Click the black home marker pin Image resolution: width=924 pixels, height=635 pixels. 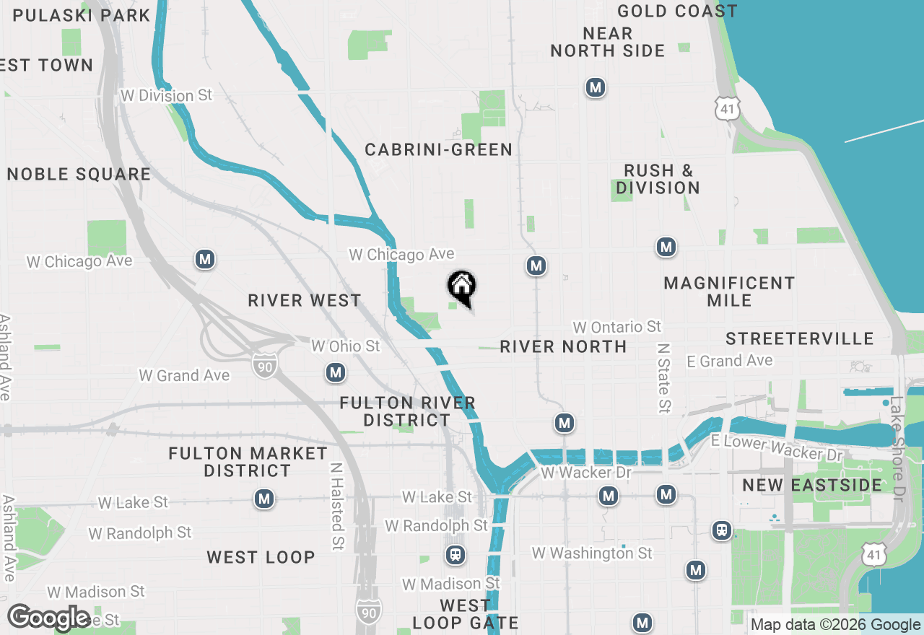(462, 287)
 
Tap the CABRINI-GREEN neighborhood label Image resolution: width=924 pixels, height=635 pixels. (438, 149)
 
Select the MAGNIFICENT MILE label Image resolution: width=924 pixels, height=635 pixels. (729, 291)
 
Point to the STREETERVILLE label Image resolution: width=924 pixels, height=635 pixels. (800, 338)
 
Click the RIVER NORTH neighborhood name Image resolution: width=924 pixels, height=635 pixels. (563, 346)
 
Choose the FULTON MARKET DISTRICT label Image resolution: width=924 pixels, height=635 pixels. (248, 462)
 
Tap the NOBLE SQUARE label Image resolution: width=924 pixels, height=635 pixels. (79, 174)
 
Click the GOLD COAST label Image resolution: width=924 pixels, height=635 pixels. (677, 11)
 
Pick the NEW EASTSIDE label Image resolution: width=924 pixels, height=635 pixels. (812, 485)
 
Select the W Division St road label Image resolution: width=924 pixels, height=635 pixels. (167, 95)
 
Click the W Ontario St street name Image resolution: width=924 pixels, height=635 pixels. (616, 327)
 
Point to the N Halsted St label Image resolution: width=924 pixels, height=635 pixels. (336, 507)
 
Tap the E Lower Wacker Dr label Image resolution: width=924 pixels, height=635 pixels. (777, 447)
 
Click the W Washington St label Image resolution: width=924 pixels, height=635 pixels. (592, 553)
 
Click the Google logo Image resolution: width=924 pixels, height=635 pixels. (49, 618)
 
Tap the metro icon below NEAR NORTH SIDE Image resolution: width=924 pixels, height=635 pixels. (595, 87)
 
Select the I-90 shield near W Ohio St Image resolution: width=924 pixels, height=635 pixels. (263, 366)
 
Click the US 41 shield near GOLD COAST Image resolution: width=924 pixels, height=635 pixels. (727, 109)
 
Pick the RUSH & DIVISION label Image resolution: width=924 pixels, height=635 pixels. (658, 179)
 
